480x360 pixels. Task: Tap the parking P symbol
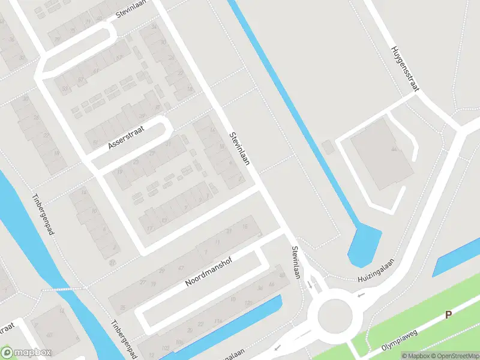point(448,316)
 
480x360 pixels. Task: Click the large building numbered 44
point(381,153)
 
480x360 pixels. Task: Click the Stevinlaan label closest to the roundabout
point(295,262)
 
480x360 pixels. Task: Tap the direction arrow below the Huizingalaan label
point(361,295)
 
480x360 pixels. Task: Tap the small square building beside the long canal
point(327,147)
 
